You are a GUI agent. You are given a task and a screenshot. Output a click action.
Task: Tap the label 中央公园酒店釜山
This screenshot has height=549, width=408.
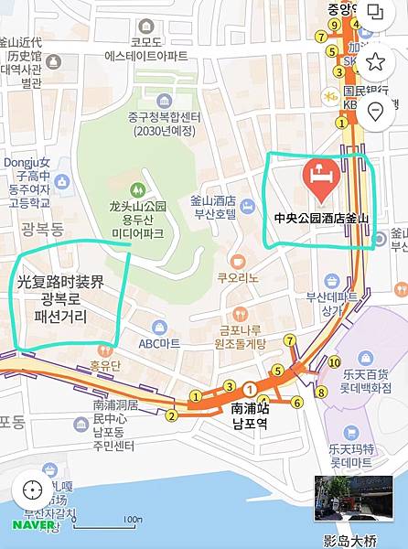[320, 218]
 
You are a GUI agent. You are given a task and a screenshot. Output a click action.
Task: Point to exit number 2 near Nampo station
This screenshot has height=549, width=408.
[171, 416]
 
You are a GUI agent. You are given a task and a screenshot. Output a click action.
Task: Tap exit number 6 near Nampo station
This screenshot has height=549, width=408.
[296, 403]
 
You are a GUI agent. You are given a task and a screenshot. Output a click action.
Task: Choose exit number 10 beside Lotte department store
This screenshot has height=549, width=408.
[334, 362]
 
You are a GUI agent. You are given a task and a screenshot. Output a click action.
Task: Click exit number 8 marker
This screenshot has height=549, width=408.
[320, 393]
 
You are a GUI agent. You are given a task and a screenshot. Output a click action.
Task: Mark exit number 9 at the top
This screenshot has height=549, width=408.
[320, 38]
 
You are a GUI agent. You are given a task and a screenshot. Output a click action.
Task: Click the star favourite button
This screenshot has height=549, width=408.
[375, 61]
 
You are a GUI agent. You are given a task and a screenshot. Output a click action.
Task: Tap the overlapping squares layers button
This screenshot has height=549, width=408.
[375, 13]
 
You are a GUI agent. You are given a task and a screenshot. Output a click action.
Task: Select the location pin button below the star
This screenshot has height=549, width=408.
[375, 111]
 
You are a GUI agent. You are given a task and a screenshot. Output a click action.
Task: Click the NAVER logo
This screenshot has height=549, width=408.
[34, 525]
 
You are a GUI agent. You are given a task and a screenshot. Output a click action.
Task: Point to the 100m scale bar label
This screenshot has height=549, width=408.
[133, 520]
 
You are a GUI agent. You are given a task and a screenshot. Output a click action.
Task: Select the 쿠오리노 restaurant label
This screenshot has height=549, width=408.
[237, 277]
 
